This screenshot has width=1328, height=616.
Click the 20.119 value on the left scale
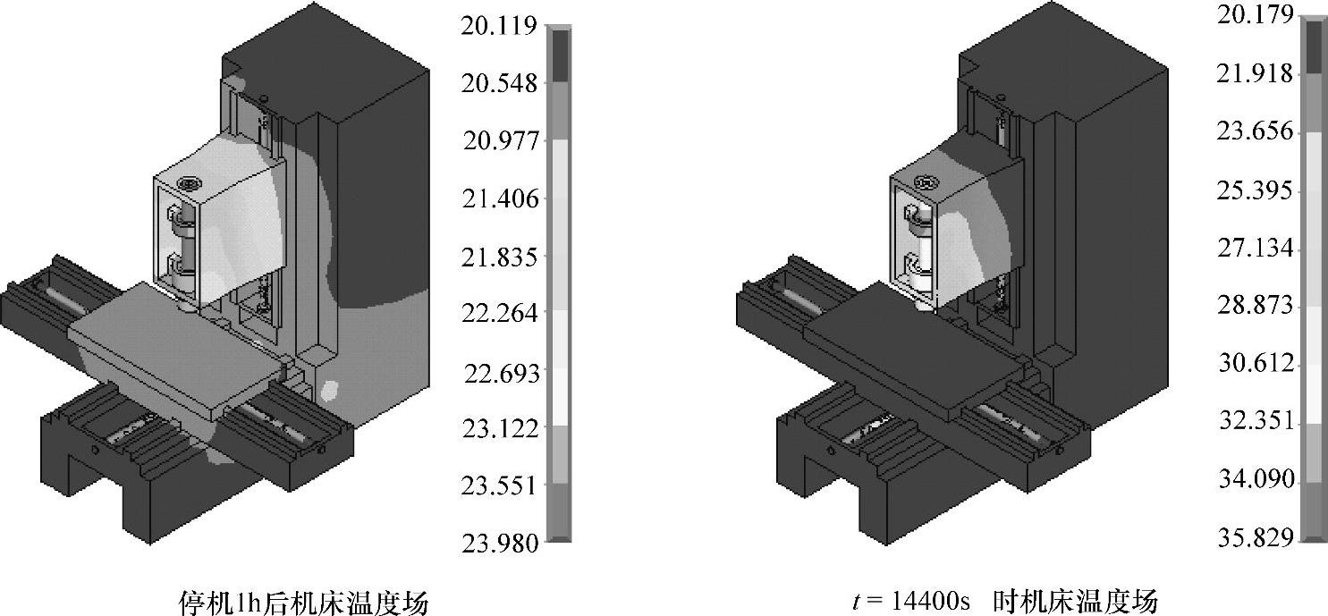pos(499,27)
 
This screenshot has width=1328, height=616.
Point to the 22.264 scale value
pos(500,314)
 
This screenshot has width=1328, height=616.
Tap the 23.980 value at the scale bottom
pos(500,544)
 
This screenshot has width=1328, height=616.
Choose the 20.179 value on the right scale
pos(1255,16)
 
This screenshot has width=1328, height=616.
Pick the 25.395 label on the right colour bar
pos(1255,191)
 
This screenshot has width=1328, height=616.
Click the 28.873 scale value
pos(1255,306)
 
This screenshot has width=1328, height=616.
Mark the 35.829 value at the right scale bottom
pos(1255,538)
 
